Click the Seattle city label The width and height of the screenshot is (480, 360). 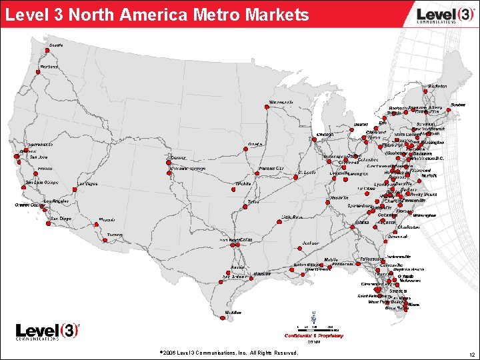click(56, 45)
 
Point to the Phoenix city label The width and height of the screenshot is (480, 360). click(107, 220)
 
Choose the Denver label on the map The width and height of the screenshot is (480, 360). click(178, 159)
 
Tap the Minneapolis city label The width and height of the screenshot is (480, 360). click(281, 102)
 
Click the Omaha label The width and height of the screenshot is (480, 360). click(255, 143)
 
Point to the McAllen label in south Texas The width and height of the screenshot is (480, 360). click(233, 312)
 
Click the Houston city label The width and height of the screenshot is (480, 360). click(261, 273)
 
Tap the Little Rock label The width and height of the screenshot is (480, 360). click(292, 217)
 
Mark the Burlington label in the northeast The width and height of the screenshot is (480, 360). click(438, 86)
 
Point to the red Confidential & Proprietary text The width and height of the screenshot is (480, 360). click(313, 336)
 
